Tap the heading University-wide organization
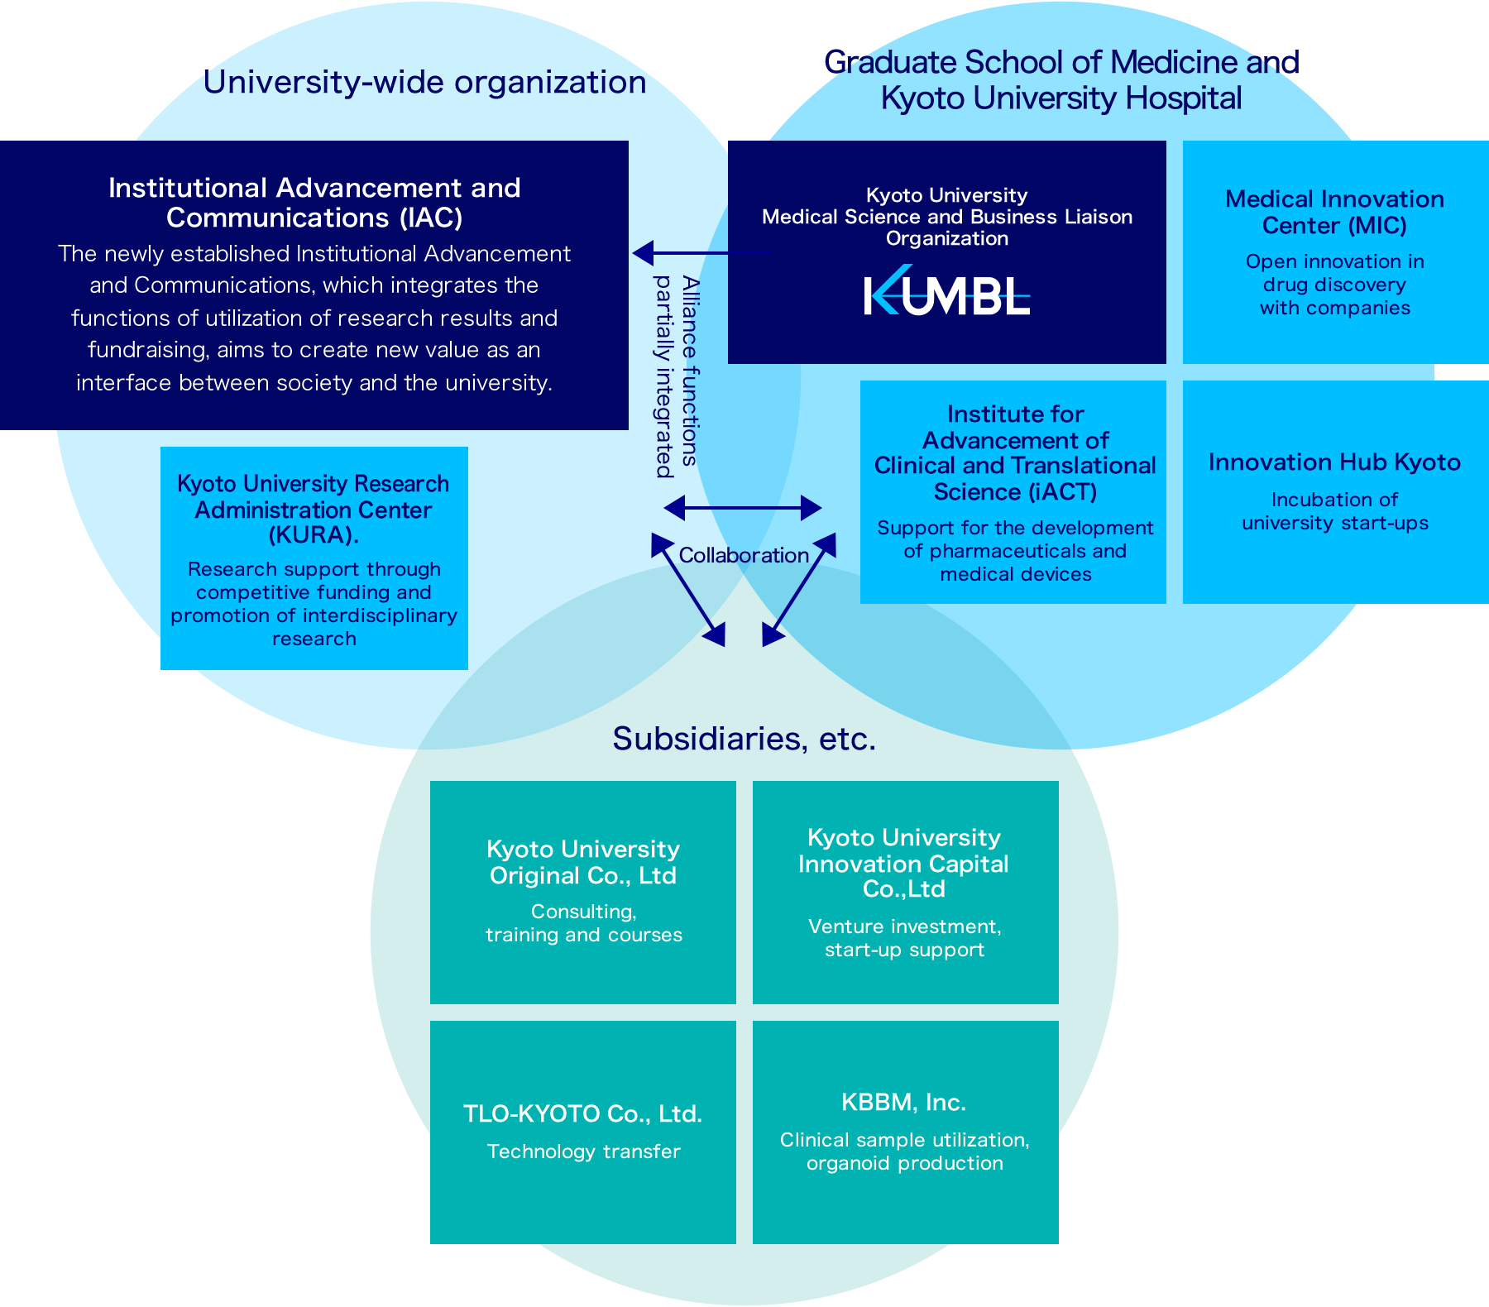pyautogui.click(x=424, y=83)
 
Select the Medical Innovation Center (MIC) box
pyautogui.click(x=1334, y=251)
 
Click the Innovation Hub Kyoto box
pyautogui.click(x=1334, y=491)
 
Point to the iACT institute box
pyautogui.click(x=1013, y=491)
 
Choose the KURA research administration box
pyautogui.click(x=314, y=558)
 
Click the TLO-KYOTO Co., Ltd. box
pyautogui.click(x=582, y=1132)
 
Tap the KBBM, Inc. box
pyautogui.click(x=905, y=1132)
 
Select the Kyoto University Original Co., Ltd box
pyautogui.click(x=582, y=892)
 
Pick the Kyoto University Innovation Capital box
pyautogui.click(x=905, y=892)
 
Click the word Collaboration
pyautogui.click(x=743, y=555)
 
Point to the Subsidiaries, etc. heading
pyautogui.click(x=743, y=739)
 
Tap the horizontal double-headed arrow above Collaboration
pyautogui.click(x=743, y=507)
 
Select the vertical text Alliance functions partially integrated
pyautogui.click(x=677, y=376)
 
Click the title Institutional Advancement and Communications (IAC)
pyautogui.click(x=314, y=203)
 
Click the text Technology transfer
pyautogui.click(x=583, y=1151)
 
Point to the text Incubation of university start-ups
pyautogui.click(x=1334, y=511)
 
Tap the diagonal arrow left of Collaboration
pyautogui.click(x=687, y=589)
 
